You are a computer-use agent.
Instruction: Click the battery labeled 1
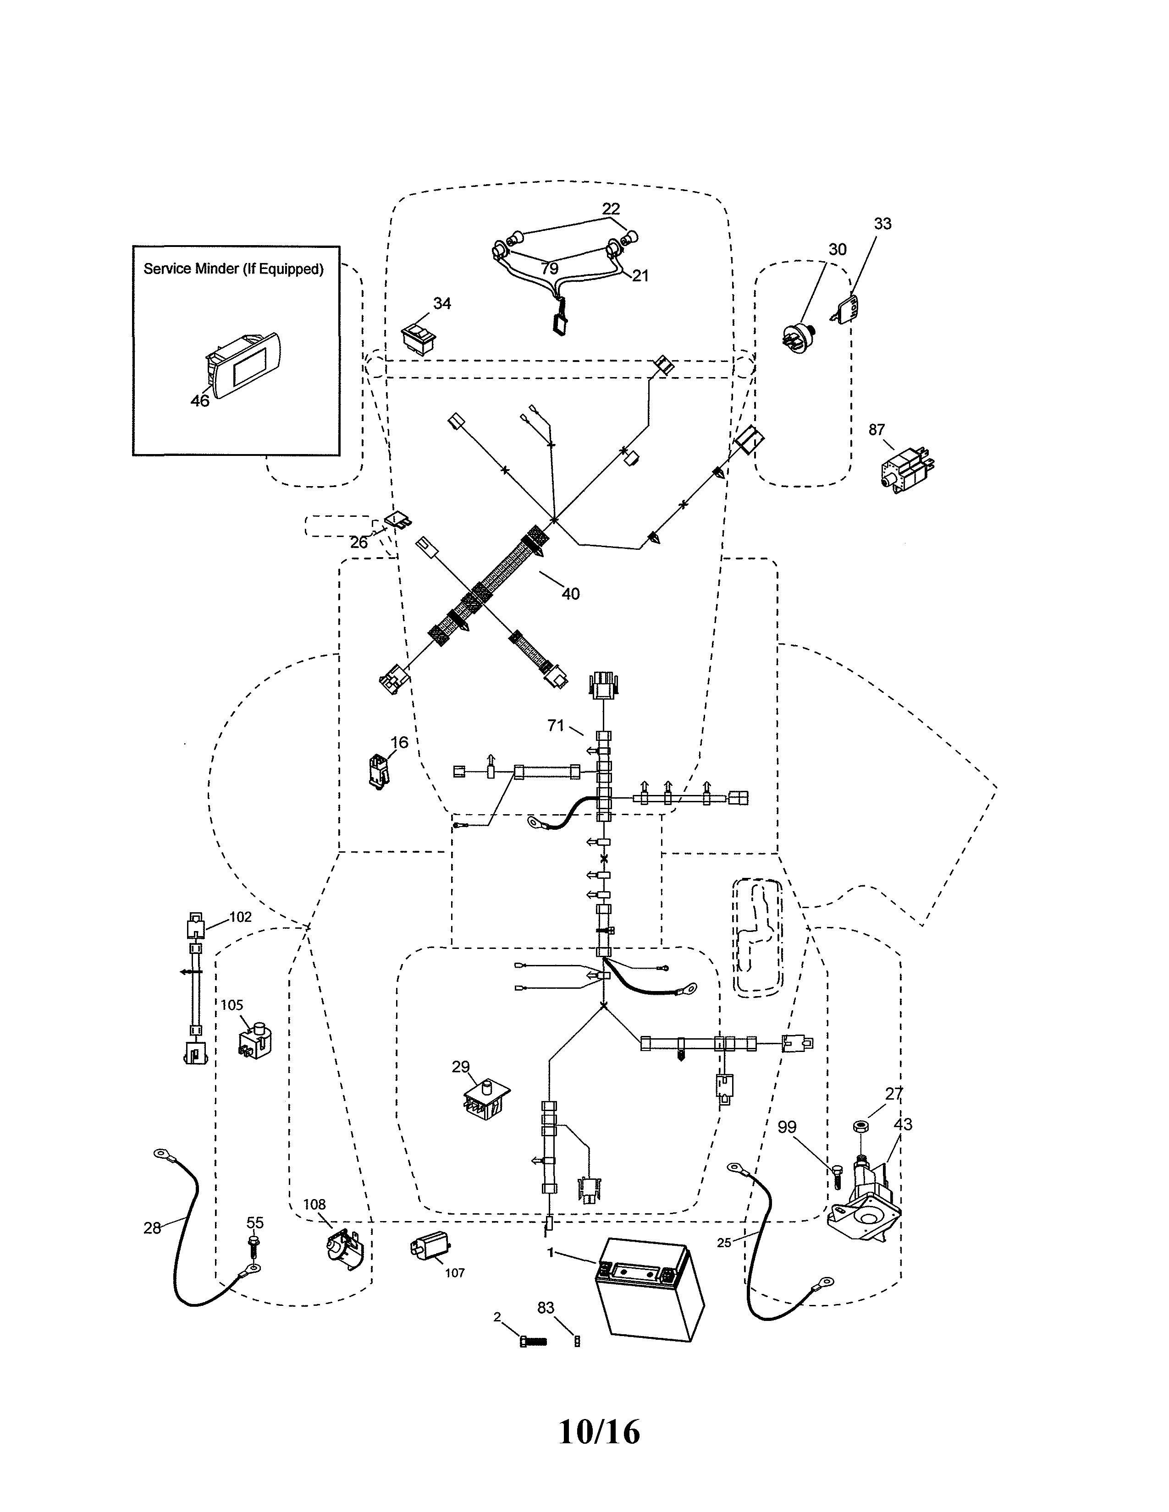coord(650,1289)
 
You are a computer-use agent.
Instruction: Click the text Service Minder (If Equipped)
coord(233,268)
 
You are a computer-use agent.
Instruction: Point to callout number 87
coord(877,430)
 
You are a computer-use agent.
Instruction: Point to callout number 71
coord(556,726)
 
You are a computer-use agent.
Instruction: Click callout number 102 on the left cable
coord(240,917)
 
